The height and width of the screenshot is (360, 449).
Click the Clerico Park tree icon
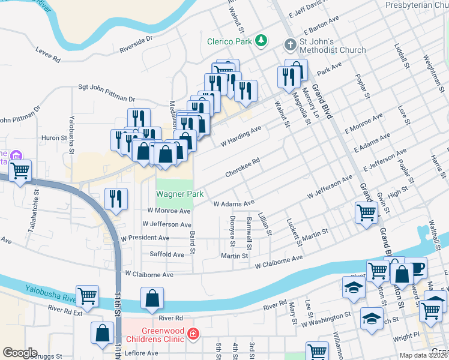(261, 41)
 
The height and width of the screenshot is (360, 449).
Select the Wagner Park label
(180, 194)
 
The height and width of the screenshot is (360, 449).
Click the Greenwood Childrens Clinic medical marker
(193, 334)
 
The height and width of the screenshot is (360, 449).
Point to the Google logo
(20, 352)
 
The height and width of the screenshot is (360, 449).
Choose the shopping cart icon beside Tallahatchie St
(21, 170)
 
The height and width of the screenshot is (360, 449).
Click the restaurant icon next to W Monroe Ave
(116, 198)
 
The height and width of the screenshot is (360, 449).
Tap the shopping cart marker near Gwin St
(366, 212)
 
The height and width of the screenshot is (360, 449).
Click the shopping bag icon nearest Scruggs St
(103, 332)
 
